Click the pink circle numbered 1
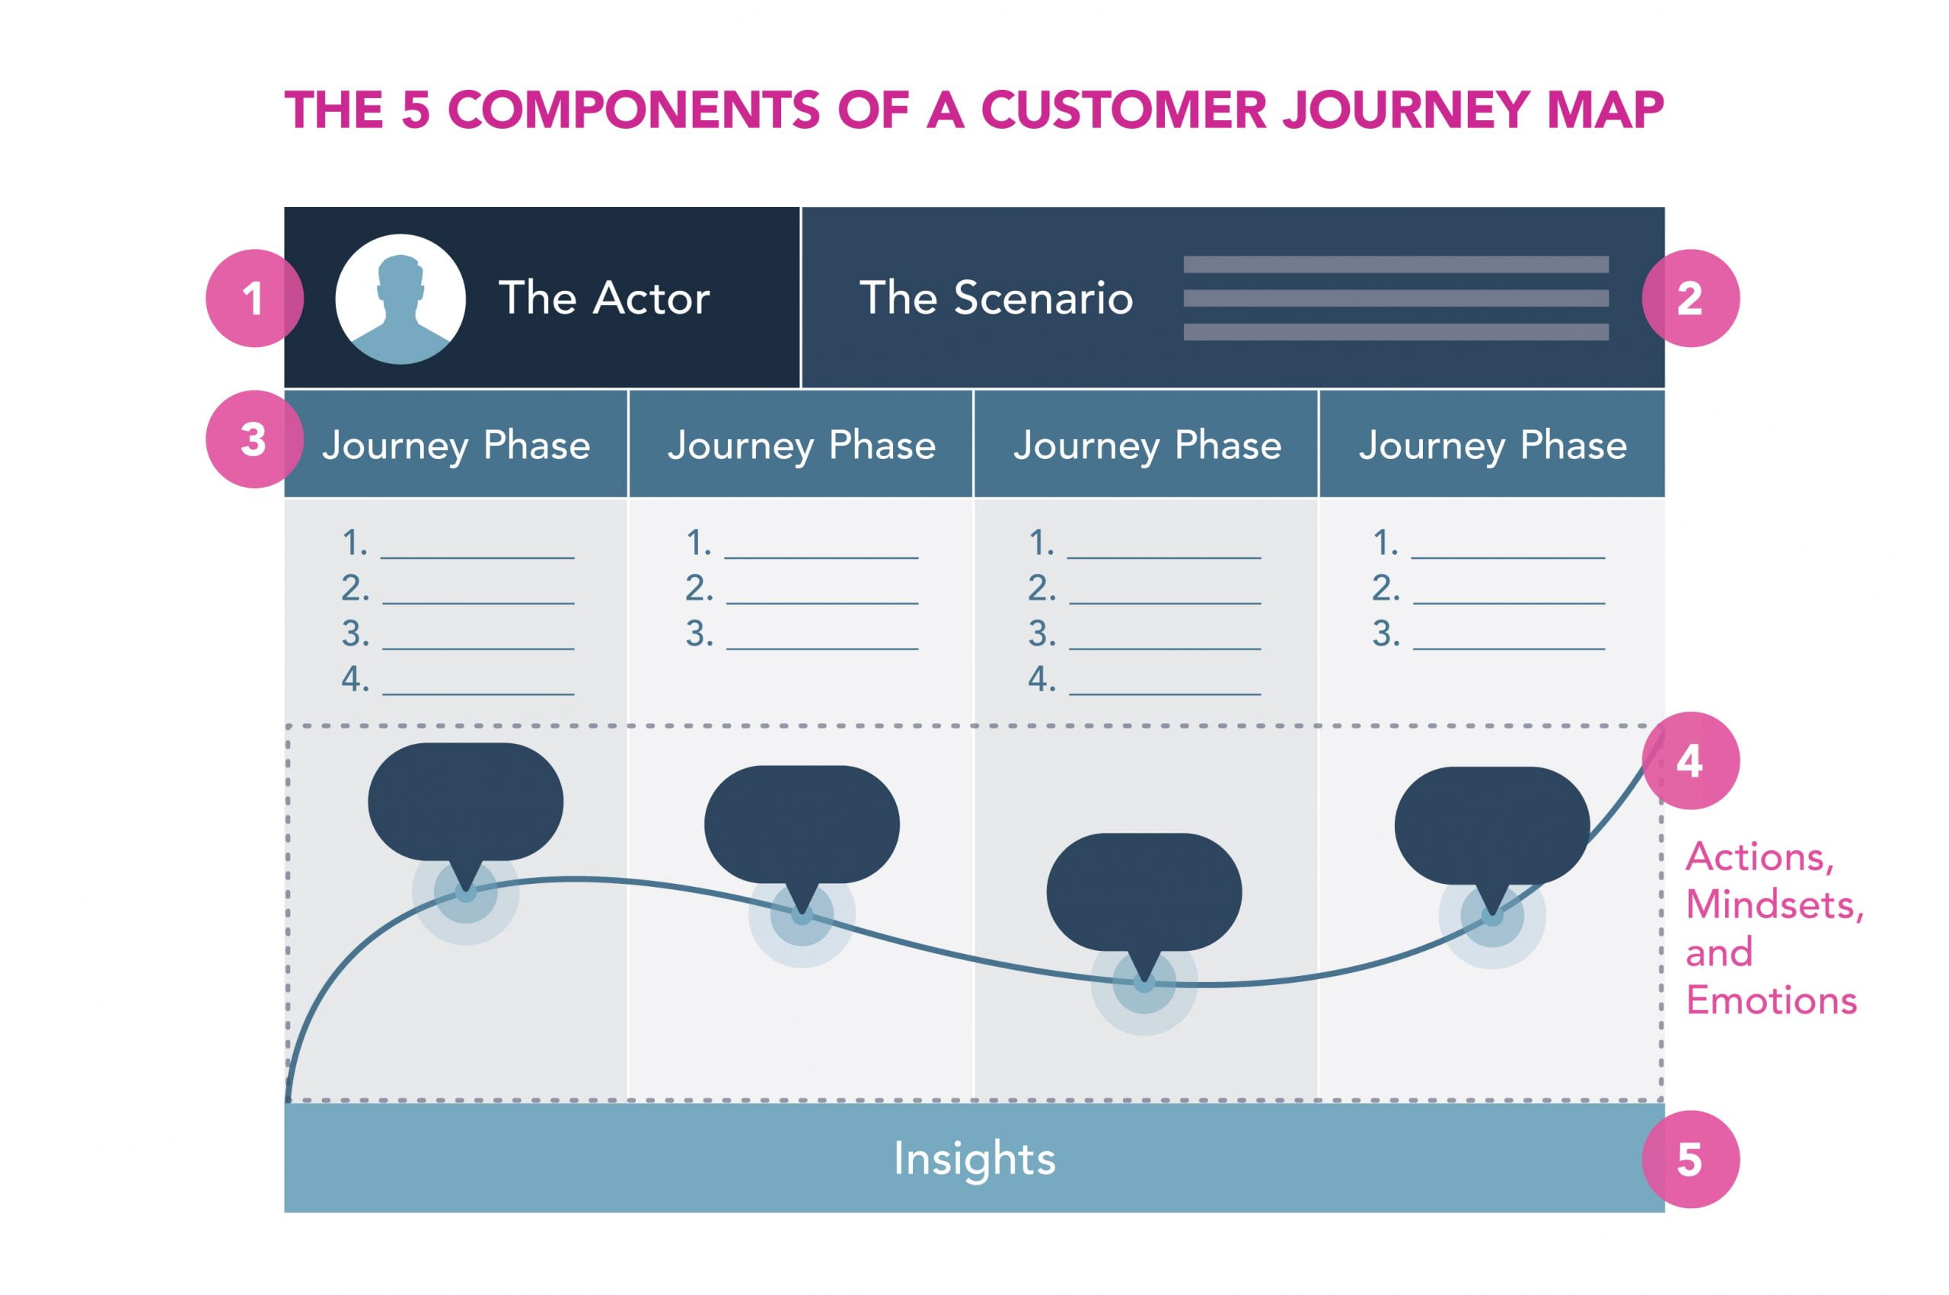pyautogui.click(x=254, y=298)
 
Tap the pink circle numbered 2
pyautogui.click(x=1689, y=298)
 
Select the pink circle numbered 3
pyautogui.click(x=254, y=439)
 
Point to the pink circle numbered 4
pyautogui.click(x=1689, y=761)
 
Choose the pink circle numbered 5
pyautogui.click(x=1689, y=1159)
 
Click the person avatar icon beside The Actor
pyautogui.click(x=400, y=299)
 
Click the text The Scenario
pyautogui.click(x=996, y=298)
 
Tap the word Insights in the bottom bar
pyautogui.click(x=974, y=1159)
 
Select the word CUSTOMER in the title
pyautogui.click(x=1123, y=110)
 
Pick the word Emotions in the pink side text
pyautogui.click(x=1772, y=1001)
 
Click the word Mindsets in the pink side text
pyautogui.click(x=1774, y=905)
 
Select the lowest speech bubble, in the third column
pyautogui.click(x=1144, y=892)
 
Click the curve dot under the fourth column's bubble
pyautogui.click(x=1492, y=916)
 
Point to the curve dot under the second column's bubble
pyautogui.click(x=802, y=914)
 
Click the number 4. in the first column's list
pyautogui.click(x=355, y=680)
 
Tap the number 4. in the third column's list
pyautogui.click(x=1041, y=680)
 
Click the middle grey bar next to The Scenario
pyautogui.click(x=1396, y=298)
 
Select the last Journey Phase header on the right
pyautogui.click(x=1493, y=445)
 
